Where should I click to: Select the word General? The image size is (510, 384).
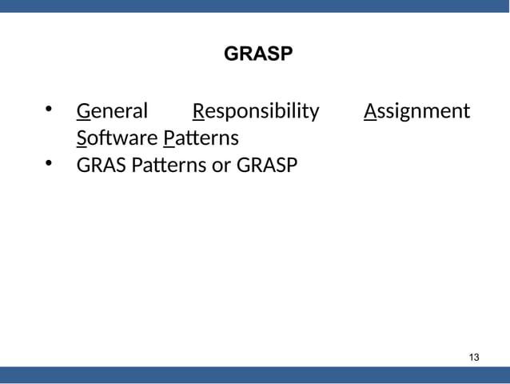click(x=112, y=110)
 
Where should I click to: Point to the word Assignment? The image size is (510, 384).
click(x=416, y=110)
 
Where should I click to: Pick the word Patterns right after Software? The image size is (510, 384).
click(x=201, y=138)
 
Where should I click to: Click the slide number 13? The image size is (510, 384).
click(x=474, y=356)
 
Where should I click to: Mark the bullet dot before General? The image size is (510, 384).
click(x=49, y=109)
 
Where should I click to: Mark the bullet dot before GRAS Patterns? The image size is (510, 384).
click(x=49, y=165)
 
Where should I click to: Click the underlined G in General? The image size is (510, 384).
click(x=82, y=110)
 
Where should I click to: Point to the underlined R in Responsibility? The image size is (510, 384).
click(x=199, y=110)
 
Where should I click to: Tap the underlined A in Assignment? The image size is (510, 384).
click(x=369, y=110)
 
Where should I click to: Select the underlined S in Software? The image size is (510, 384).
click(x=81, y=138)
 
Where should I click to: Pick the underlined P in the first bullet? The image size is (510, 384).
click(x=168, y=138)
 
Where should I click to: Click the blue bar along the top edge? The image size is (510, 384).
click(x=255, y=6)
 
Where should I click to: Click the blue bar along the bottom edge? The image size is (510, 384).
click(x=255, y=375)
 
